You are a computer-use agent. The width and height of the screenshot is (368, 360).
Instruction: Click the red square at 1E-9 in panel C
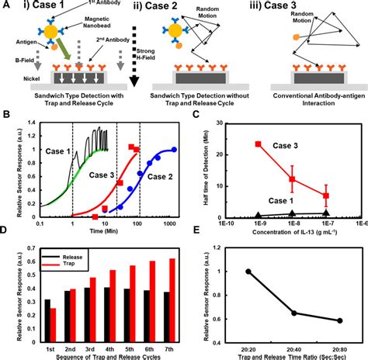tap(257, 144)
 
